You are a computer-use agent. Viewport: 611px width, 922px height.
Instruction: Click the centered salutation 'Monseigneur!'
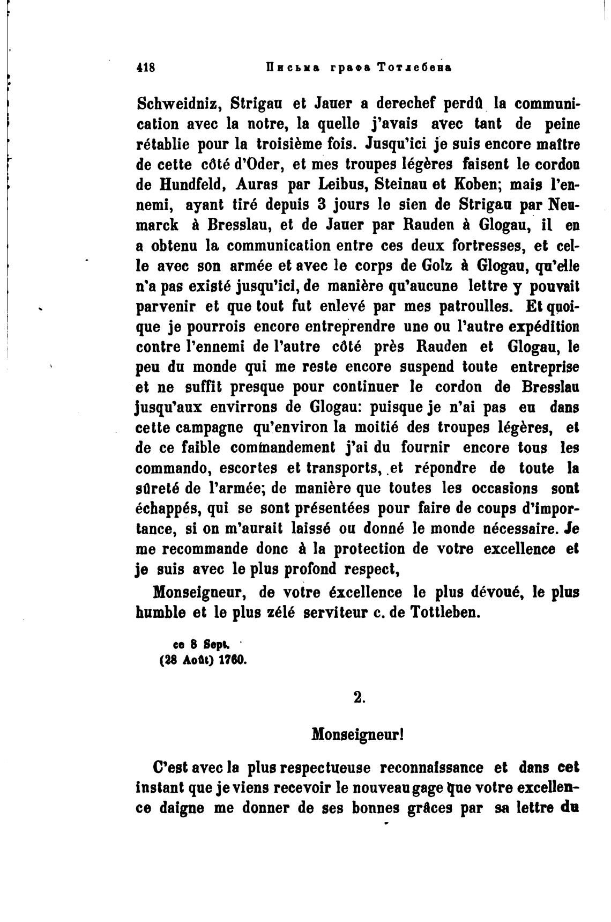(357, 734)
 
